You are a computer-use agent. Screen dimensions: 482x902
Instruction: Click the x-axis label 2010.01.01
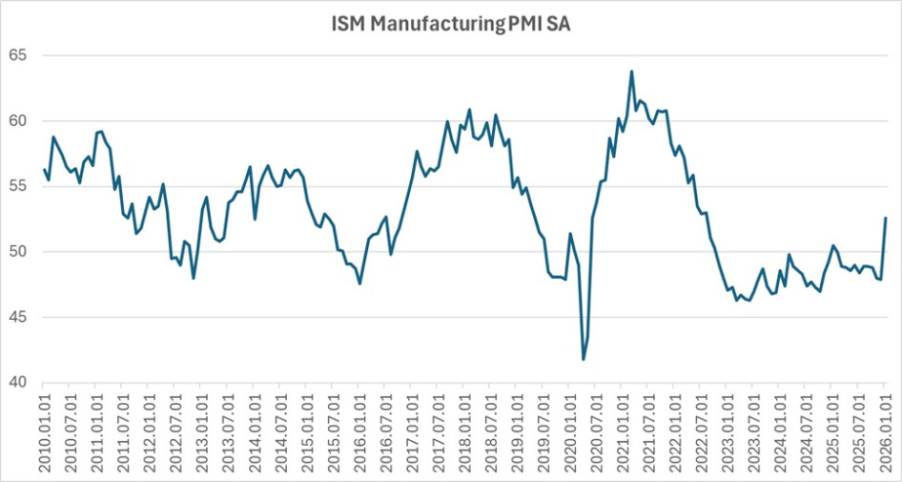point(45,431)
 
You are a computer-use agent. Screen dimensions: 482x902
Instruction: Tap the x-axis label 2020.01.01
point(570,431)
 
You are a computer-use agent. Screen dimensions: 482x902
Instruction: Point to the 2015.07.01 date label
point(334,431)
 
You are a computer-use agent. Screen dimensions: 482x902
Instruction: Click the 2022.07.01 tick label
point(702,431)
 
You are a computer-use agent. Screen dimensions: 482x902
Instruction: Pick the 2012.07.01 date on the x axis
point(176,431)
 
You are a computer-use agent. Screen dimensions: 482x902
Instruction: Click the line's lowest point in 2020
point(584,359)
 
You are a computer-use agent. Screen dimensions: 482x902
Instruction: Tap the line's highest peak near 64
point(631,72)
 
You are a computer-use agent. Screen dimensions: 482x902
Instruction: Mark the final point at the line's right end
point(886,219)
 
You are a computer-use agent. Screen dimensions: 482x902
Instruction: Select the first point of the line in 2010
point(45,170)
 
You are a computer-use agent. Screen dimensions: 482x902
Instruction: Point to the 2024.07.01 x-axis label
point(807,431)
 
